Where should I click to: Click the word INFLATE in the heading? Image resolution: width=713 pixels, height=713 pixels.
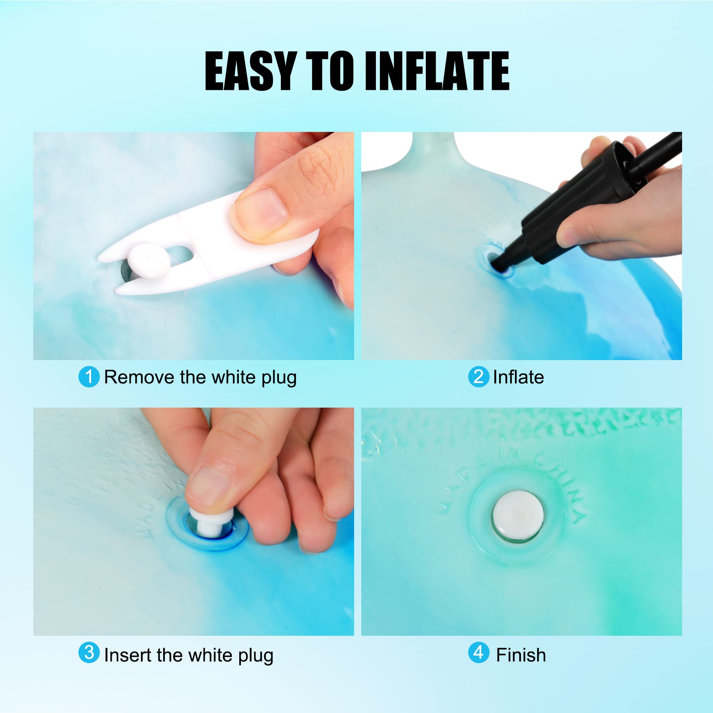click(x=437, y=71)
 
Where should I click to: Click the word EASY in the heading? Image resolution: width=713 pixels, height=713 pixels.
click(x=251, y=71)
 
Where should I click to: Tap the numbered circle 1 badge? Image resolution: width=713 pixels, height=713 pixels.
click(x=89, y=377)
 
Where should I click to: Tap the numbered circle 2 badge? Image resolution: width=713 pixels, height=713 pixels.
click(x=479, y=377)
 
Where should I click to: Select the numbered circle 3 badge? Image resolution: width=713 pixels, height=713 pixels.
click(x=89, y=652)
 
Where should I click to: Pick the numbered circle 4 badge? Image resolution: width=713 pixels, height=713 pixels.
click(x=479, y=652)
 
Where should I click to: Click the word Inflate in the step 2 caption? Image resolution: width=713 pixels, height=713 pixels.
click(x=519, y=377)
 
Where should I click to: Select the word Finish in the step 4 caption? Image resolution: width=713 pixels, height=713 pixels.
click(x=521, y=655)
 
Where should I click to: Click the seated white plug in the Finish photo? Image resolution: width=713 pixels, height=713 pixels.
click(x=518, y=515)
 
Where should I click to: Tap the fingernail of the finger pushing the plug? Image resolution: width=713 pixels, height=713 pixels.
click(x=205, y=485)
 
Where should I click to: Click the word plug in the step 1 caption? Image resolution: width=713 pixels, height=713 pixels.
click(x=279, y=378)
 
